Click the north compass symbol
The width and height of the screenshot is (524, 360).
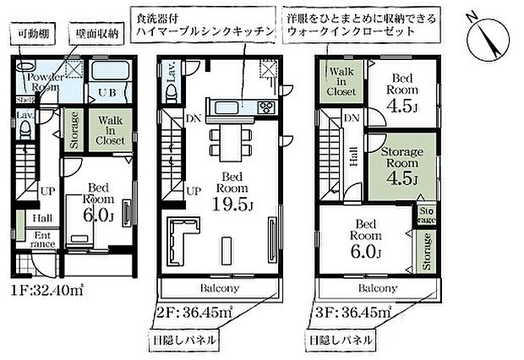[x=489, y=34]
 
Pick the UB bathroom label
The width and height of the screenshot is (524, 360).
[x=108, y=91]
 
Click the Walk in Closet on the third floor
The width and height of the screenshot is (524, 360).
[x=341, y=80]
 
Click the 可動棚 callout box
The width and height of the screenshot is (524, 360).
[x=32, y=35]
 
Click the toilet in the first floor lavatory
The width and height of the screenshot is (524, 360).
[x=25, y=129]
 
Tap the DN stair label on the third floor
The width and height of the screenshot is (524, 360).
[x=352, y=118]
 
